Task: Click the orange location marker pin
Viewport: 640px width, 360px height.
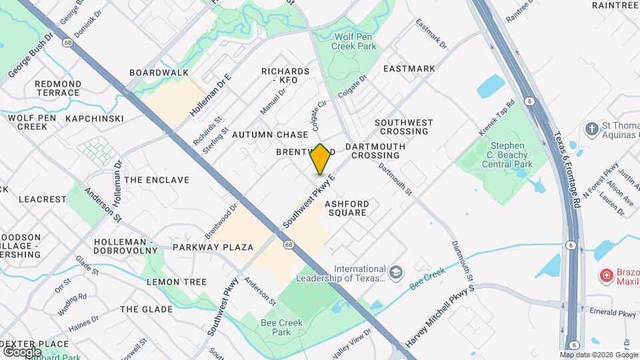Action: (321, 159)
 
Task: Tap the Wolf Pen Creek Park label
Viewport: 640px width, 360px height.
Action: (355, 41)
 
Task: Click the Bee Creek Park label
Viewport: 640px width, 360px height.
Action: (281, 327)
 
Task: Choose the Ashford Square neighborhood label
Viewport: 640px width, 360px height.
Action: (347, 208)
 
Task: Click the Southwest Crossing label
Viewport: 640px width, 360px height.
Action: (403, 127)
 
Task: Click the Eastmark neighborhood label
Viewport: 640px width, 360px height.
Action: (409, 69)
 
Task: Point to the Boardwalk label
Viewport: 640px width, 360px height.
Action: (159, 73)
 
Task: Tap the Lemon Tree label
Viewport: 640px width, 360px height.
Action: (177, 282)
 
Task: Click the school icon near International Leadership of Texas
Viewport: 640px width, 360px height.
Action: (396, 272)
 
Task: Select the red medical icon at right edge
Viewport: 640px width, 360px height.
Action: (606, 275)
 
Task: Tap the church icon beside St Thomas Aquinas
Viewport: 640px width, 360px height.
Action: (591, 127)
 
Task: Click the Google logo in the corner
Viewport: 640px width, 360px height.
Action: (22, 351)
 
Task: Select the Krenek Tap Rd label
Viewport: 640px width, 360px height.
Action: (497, 119)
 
